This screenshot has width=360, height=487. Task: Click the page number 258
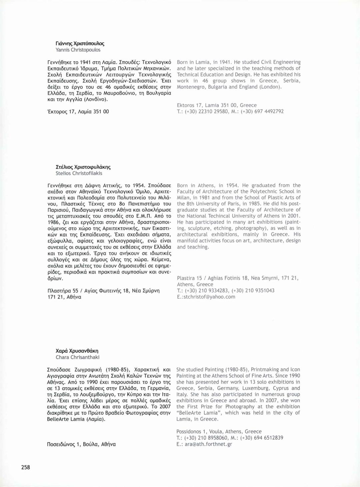click(26, 467)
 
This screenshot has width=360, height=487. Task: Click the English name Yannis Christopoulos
click(78, 50)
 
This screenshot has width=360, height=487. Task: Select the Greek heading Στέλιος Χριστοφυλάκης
click(83, 167)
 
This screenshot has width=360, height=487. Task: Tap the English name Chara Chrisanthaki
click(77, 357)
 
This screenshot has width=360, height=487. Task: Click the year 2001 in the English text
click(294, 216)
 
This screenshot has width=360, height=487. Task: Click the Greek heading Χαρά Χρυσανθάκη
click(77, 351)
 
